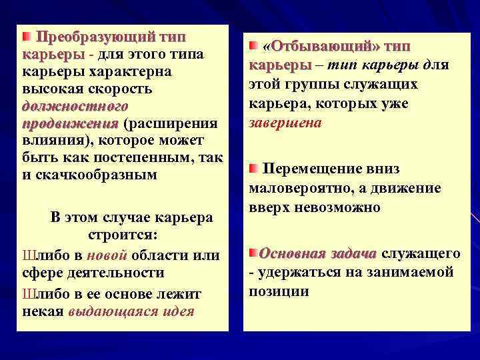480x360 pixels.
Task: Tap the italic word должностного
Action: (75, 105)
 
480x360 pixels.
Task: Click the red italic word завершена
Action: (285, 123)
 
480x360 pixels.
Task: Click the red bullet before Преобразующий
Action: (27, 35)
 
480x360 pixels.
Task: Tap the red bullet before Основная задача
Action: (253, 253)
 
